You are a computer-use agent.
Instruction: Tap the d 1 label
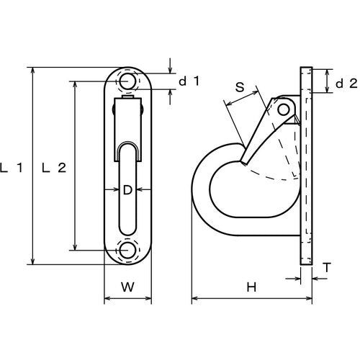pos(188,81)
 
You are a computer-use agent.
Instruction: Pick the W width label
pos(127,286)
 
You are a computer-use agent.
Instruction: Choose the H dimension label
pos(251,287)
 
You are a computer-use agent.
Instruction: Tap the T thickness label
pos(327,268)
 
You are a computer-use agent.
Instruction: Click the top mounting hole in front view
pos(127,81)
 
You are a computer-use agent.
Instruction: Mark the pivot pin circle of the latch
pos(284,109)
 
